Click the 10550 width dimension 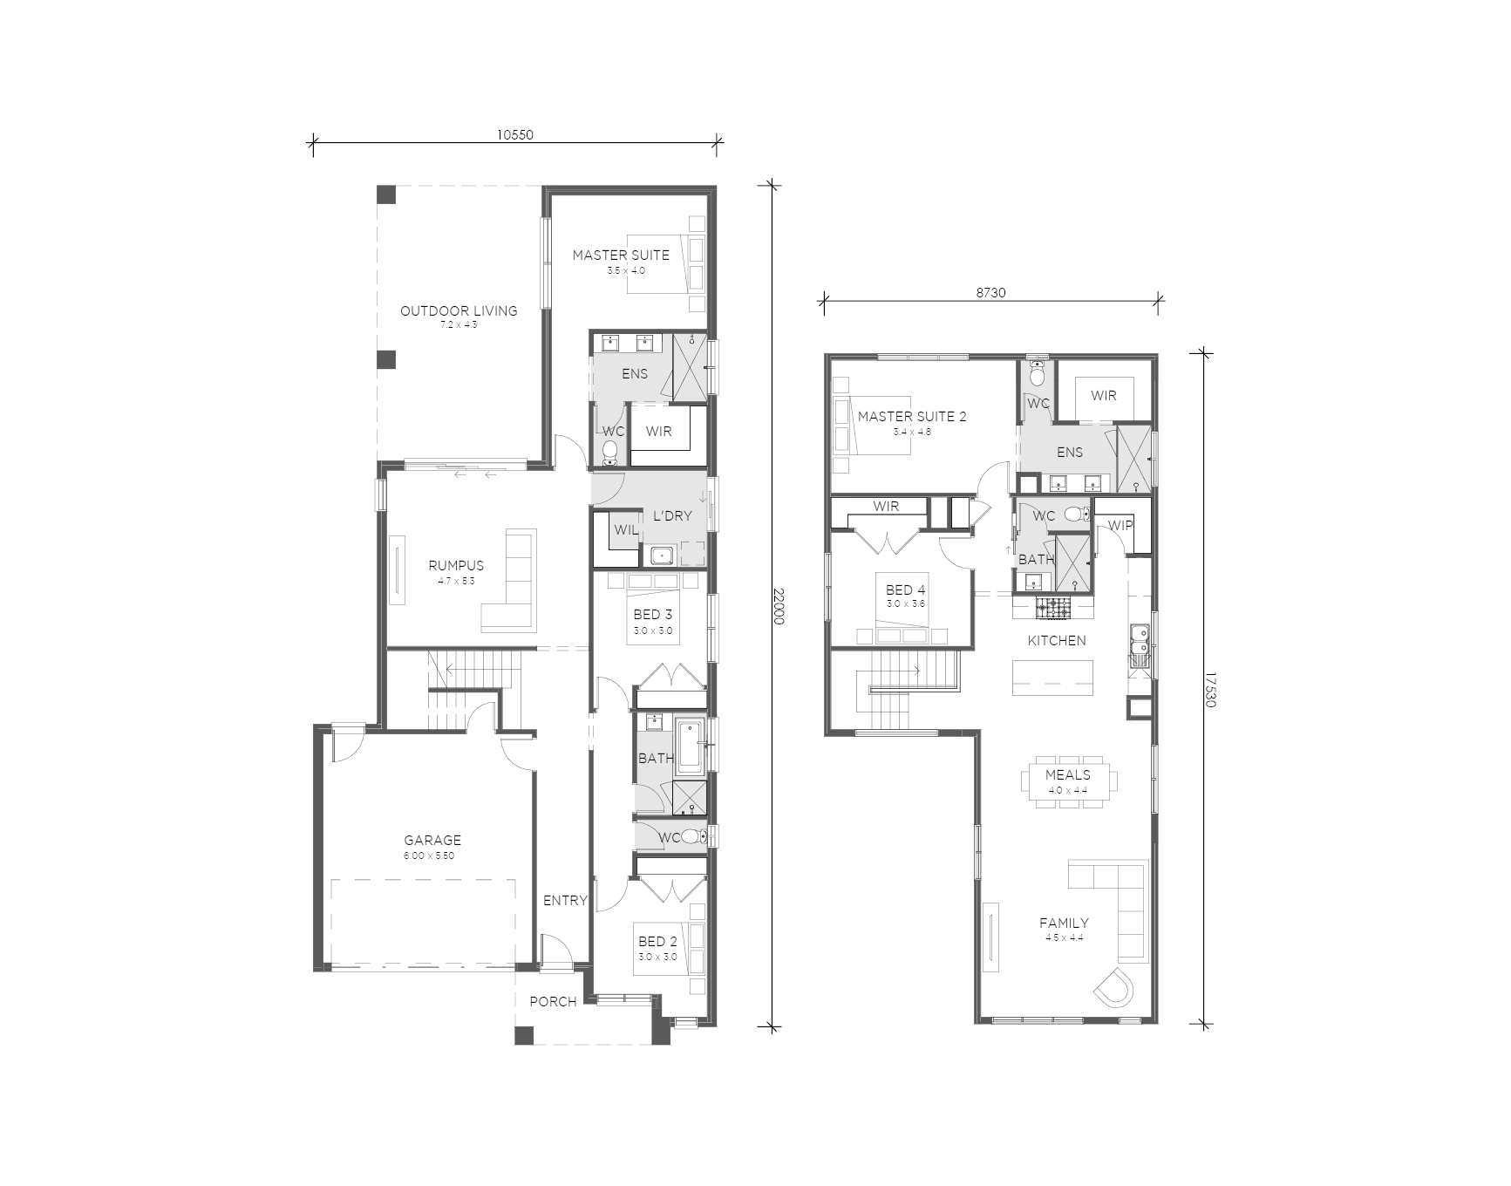pos(514,134)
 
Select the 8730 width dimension pos(990,293)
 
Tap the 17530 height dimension pos(1210,689)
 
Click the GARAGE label pos(432,840)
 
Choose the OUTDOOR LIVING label pos(459,310)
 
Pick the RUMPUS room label pos(456,565)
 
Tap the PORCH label pos(553,1001)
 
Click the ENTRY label pos(565,900)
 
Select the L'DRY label pos(672,515)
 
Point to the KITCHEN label pos(1057,640)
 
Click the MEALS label pos(1067,774)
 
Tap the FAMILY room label pos(1064,923)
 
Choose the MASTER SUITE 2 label pos(912,416)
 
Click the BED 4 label pos(905,590)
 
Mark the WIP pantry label pos(1120,526)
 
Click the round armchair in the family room pos(1114,987)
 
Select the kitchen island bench pos(1052,678)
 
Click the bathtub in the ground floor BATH pos(689,747)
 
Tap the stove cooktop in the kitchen pos(1052,607)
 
